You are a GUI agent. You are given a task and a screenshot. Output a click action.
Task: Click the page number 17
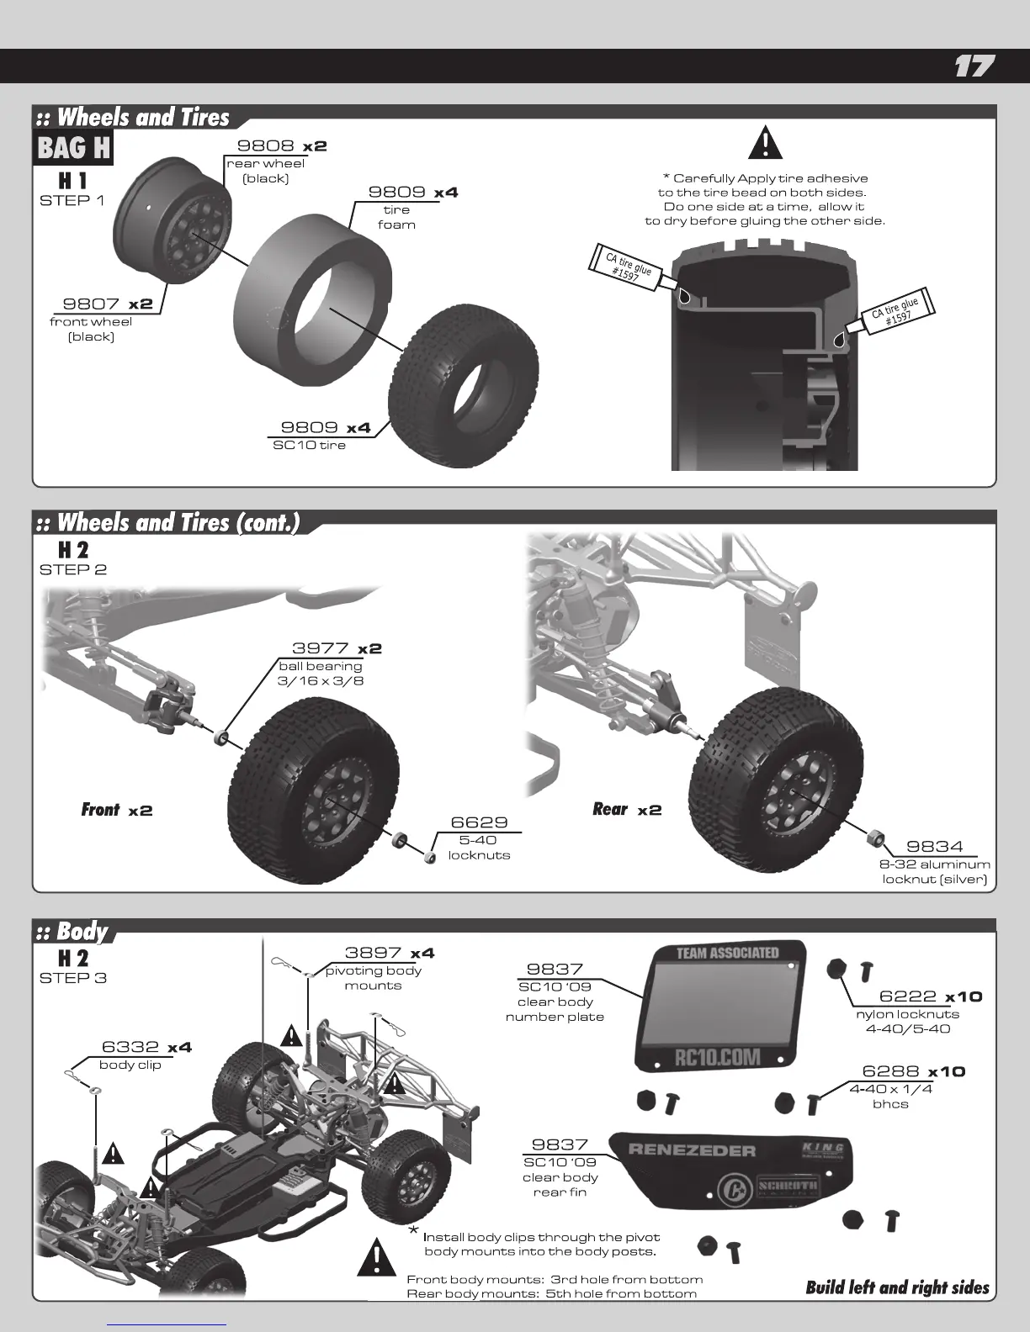(x=974, y=66)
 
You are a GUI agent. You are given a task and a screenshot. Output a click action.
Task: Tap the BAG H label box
(x=74, y=149)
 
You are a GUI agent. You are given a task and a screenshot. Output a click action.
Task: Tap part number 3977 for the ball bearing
(x=321, y=648)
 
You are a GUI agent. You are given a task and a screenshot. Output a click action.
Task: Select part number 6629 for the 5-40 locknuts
(x=479, y=822)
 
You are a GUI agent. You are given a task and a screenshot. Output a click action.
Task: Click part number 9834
(x=934, y=847)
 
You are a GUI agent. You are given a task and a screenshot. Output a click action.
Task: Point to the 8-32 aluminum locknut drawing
(x=875, y=836)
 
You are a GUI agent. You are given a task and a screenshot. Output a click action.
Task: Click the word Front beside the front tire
(x=100, y=810)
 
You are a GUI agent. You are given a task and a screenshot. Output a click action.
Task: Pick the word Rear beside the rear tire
(x=610, y=809)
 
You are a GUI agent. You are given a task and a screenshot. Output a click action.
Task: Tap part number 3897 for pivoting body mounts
(x=373, y=953)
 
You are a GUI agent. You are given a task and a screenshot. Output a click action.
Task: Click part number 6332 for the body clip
(x=130, y=1047)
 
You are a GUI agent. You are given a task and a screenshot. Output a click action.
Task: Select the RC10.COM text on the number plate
(x=718, y=1057)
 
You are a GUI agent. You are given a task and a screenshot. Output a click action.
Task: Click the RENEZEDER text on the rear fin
(x=704, y=1150)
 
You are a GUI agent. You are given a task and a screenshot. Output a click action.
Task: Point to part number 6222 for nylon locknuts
(x=906, y=996)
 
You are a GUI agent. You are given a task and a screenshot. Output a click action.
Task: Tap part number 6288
(x=890, y=1071)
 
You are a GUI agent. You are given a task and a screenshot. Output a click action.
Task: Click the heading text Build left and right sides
(x=897, y=1288)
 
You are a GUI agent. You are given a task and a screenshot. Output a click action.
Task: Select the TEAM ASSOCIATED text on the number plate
(x=728, y=953)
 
